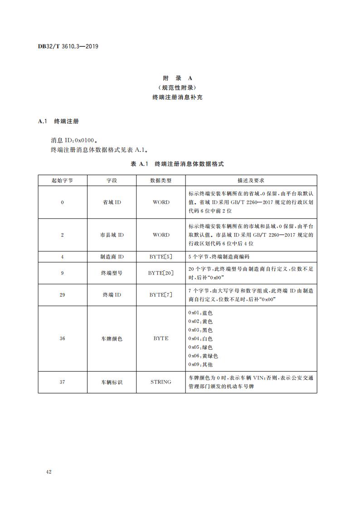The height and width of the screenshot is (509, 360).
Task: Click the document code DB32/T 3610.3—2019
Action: [x=68, y=46]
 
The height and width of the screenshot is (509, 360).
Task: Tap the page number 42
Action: [x=49, y=472]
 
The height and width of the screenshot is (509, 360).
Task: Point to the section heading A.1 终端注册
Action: [x=59, y=121]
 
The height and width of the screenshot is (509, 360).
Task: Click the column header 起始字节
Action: [x=62, y=180]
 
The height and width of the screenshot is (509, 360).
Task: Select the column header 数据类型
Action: [x=161, y=180]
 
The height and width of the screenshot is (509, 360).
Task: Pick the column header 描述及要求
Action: [x=251, y=180]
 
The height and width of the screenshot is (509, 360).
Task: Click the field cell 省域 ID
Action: [x=112, y=202]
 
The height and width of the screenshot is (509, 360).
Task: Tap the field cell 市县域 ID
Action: [x=112, y=235]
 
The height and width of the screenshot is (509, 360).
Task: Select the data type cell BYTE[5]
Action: [x=161, y=257]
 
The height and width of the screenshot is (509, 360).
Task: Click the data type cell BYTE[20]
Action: [x=161, y=273]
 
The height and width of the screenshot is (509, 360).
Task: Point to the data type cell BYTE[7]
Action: [x=161, y=295]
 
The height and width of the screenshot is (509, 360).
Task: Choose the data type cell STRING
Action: [x=161, y=382]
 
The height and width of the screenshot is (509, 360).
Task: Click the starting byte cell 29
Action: [x=62, y=295]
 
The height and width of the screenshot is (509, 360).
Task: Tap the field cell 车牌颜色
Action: [x=112, y=338]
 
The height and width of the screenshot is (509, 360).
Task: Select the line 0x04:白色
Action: [x=200, y=338]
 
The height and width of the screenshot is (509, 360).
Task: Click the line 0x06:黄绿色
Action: [x=203, y=356]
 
